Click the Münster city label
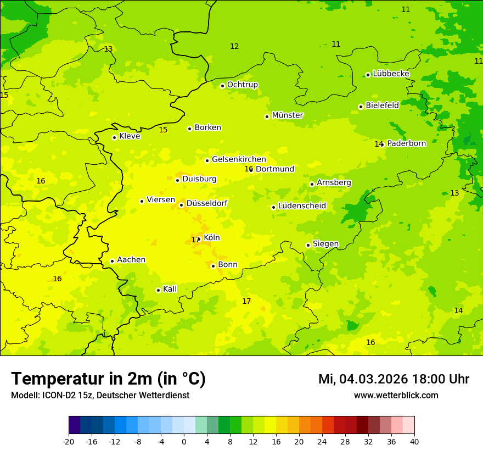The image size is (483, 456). (x=287, y=115)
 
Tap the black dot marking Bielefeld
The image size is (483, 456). (x=361, y=107)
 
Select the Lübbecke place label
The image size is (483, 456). (x=391, y=74)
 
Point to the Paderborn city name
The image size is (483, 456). (x=406, y=143)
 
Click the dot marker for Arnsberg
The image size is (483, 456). (x=312, y=184)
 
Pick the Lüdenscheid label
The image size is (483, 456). (x=302, y=206)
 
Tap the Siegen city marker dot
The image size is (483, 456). (x=308, y=245)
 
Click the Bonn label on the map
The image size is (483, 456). (x=228, y=265)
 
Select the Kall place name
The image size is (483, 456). (x=170, y=289)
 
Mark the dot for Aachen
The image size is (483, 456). (x=112, y=261)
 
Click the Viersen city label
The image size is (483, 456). (x=160, y=200)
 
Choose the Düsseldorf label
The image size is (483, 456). (x=206, y=203)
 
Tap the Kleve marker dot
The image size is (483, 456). (x=114, y=137)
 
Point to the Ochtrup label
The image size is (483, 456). (x=242, y=85)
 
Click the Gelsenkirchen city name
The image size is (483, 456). (x=239, y=159)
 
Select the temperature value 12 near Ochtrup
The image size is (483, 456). (x=234, y=47)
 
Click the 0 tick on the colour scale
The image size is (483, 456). (x=184, y=441)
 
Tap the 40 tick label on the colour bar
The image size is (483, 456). (x=414, y=441)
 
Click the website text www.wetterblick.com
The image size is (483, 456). (x=396, y=396)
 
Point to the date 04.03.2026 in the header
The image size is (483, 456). (x=373, y=379)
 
